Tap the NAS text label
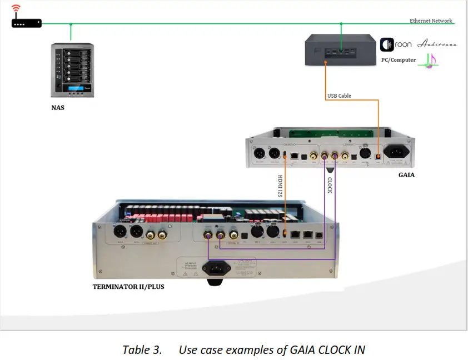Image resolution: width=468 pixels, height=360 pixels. (58, 108)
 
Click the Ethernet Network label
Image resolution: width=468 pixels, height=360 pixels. (431, 21)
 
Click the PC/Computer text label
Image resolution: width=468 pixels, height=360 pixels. (397, 60)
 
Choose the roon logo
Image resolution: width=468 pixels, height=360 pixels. (396, 44)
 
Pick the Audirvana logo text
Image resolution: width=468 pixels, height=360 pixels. (437, 44)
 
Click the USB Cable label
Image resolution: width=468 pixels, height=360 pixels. (338, 96)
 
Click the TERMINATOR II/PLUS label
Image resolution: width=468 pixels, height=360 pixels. (128, 287)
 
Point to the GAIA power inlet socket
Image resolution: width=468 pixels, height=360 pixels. (396, 152)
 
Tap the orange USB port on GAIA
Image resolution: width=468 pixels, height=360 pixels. (379, 156)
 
